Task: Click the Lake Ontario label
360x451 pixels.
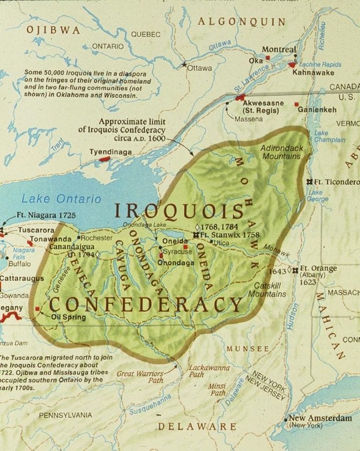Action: point(61,199)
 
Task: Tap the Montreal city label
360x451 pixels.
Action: point(279,49)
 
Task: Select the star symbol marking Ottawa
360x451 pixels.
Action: point(184,64)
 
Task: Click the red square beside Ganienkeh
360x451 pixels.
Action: point(296,104)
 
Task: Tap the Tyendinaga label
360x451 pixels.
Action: point(110,152)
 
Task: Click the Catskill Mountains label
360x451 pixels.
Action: point(267,290)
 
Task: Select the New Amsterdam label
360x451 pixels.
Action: point(320,418)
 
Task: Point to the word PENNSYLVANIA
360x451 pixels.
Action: point(65,415)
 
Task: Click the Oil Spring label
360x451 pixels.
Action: point(68,317)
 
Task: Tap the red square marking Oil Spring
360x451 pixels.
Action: point(38,309)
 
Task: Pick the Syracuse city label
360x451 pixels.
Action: point(177,252)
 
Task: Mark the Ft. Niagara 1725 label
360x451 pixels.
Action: point(46,215)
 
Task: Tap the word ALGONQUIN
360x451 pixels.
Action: point(242,21)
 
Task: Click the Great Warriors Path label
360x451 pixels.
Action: point(139,377)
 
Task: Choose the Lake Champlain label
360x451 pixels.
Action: point(329,136)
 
